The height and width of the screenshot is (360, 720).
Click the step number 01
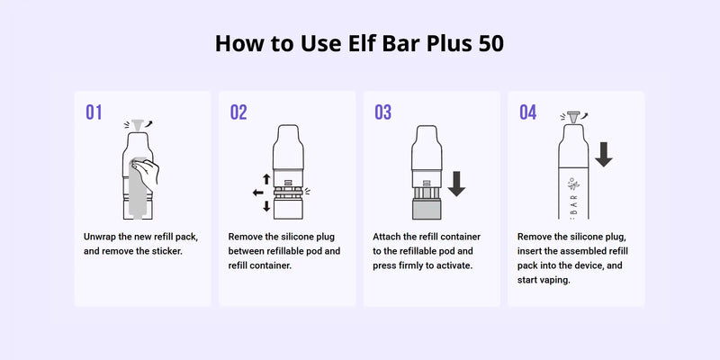tap(94, 112)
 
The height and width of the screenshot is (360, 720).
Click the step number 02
tap(238, 112)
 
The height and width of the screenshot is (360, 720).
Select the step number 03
tap(383, 112)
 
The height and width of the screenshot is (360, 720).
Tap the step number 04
tap(528, 112)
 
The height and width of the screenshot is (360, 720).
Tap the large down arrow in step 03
tap(457, 183)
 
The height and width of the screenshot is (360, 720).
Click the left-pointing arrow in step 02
tap(259, 192)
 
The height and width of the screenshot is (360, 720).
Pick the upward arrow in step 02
tap(266, 179)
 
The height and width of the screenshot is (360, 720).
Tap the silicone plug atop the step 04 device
tap(570, 117)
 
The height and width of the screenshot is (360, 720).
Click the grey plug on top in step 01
tap(138, 123)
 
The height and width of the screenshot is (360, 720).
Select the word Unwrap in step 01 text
tap(102, 237)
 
